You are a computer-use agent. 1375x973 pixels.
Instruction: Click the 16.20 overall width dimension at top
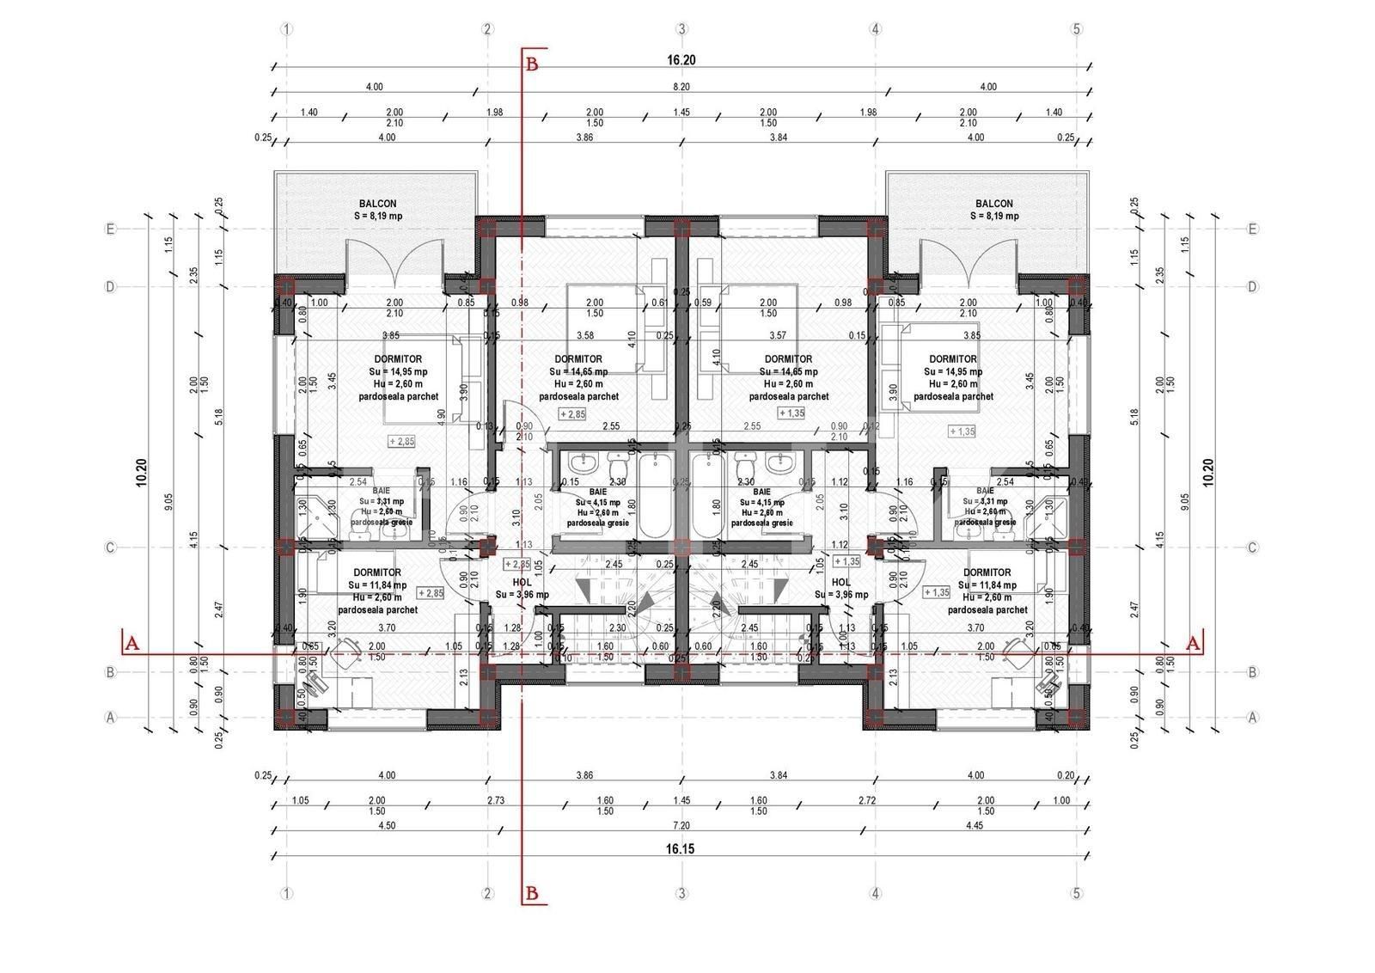pyautogui.click(x=679, y=60)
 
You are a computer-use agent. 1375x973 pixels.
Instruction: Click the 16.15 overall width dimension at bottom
pyautogui.click(x=679, y=848)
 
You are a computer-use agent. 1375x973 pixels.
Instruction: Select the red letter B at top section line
pyautogui.click(x=532, y=63)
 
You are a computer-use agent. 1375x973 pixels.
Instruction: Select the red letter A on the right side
pyautogui.click(x=1192, y=642)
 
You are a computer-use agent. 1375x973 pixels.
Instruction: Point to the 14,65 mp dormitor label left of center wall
pyautogui.click(x=578, y=372)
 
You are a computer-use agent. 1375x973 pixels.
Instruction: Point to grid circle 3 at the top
pyautogui.click(x=681, y=29)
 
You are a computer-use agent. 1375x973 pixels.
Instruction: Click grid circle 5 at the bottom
pyautogui.click(x=1076, y=894)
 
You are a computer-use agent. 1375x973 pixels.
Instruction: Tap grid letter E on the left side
pyautogui.click(x=110, y=229)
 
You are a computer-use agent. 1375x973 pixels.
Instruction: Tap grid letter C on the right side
pyautogui.click(x=1252, y=548)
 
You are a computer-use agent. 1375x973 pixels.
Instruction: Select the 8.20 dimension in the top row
pyautogui.click(x=681, y=87)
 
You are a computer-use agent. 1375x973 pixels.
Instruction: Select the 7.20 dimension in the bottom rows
pyautogui.click(x=681, y=825)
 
